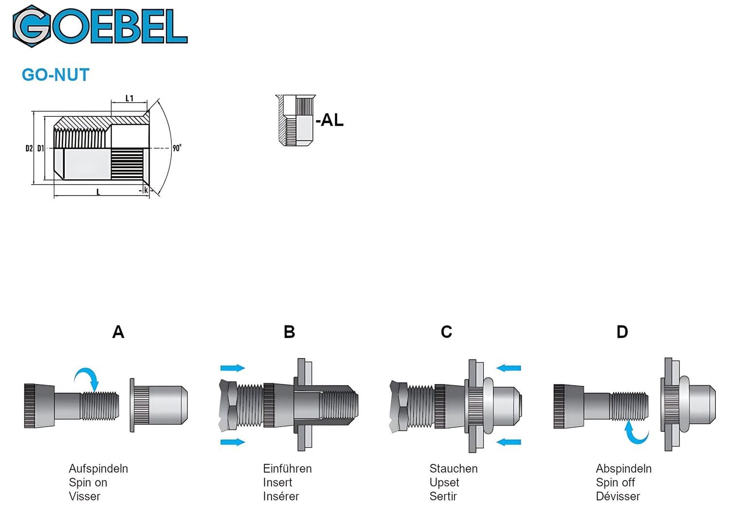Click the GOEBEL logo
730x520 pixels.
(100, 26)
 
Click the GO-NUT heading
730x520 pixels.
(55, 75)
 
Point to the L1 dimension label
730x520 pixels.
(129, 98)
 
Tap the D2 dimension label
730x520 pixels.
(29, 148)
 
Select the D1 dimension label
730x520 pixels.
(40, 148)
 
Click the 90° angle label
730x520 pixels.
(177, 148)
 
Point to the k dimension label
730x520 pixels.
(146, 190)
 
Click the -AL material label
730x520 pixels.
(329, 120)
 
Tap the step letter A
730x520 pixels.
(118, 332)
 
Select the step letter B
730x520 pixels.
(290, 332)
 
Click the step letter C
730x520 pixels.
(446, 332)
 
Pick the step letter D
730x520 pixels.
(622, 332)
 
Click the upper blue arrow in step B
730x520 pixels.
(233, 368)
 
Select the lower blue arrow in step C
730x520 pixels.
(509, 442)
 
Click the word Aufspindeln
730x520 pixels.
(98, 469)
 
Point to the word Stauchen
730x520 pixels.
(453, 469)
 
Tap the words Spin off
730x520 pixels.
(615, 483)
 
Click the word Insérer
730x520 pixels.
(281, 497)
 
